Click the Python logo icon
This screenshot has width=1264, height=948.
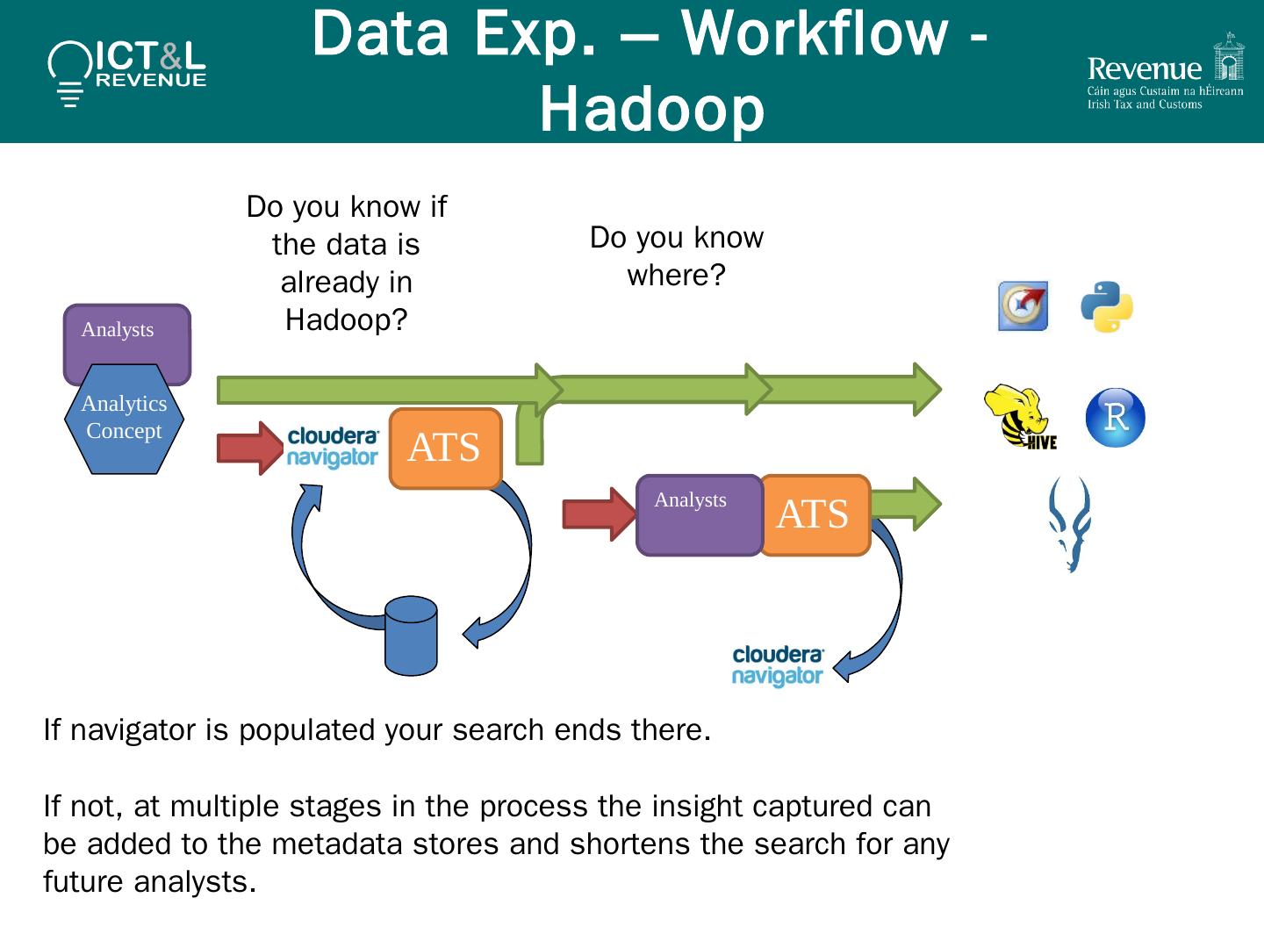pyautogui.click(x=1106, y=307)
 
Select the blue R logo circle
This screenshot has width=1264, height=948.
pyautogui.click(x=1115, y=418)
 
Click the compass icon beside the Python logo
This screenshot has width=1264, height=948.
pyautogui.click(x=1023, y=306)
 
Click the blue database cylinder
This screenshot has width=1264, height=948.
pyautogui.click(x=411, y=636)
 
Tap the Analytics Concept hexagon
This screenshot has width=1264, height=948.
pyautogui.click(x=124, y=419)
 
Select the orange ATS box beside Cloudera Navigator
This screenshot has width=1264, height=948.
pyautogui.click(x=445, y=448)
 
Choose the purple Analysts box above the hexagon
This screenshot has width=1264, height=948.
pyautogui.click(x=126, y=334)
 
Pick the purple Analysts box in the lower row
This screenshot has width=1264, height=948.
pyautogui.click(x=699, y=515)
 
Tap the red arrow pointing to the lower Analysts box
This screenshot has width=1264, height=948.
pyautogui.click(x=597, y=514)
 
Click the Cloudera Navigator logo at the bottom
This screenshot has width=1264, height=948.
pyautogui.click(x=778, y=665)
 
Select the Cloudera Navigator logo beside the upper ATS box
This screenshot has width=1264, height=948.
pyautogui.click(x=334, y=447)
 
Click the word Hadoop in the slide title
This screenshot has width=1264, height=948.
pyautogui.click(x=651, y=111)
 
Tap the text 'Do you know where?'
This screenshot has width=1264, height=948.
pyautogui.click(x=676, y=256)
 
